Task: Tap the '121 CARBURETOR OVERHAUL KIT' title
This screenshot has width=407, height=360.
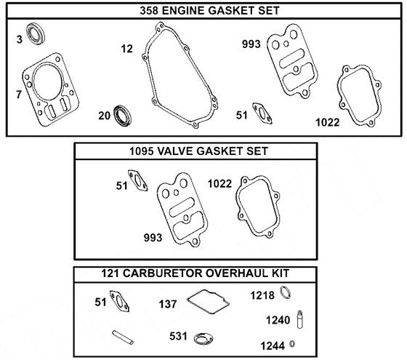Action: pyautogui.click(x=197, y=273)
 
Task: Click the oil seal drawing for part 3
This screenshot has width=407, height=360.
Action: pyautogui.click(x=35, y=34)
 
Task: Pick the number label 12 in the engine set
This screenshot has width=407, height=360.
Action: pyautogui.click(x=127, y=49)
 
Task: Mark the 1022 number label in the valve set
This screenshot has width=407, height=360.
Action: pyautogui.click(x=220, y=183)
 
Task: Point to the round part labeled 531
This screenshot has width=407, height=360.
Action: pyautogui.click(x=201, y=337)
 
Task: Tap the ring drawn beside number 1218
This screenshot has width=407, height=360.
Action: pyautogui.click(x=287, y=294)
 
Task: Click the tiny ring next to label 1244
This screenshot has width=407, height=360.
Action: pyautogui.click(x=292, y=343)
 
